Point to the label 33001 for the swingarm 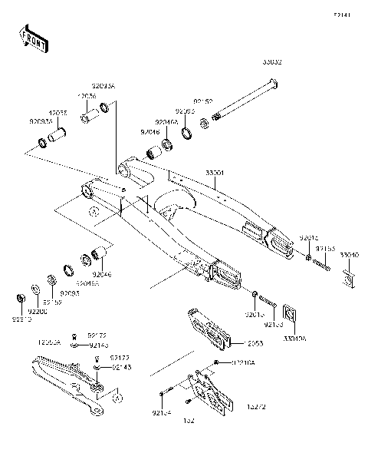215,174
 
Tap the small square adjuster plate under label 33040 347,276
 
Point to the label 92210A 244,362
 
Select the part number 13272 256,406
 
